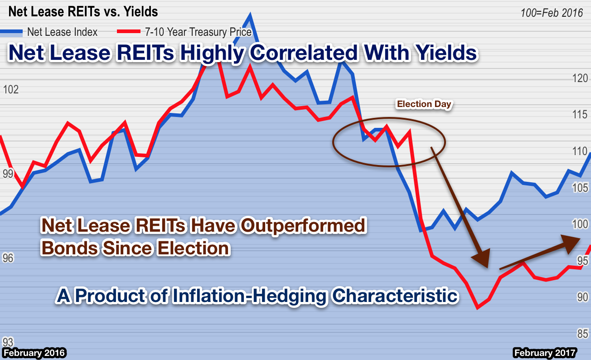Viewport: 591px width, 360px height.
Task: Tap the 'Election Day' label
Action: pos(424,104)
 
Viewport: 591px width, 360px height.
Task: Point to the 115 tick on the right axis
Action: pos(580,115)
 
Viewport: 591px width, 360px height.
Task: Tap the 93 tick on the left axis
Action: pos(8,341)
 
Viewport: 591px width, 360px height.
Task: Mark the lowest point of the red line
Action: pos(477,308)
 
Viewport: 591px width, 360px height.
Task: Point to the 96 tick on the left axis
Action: pos(8,258)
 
